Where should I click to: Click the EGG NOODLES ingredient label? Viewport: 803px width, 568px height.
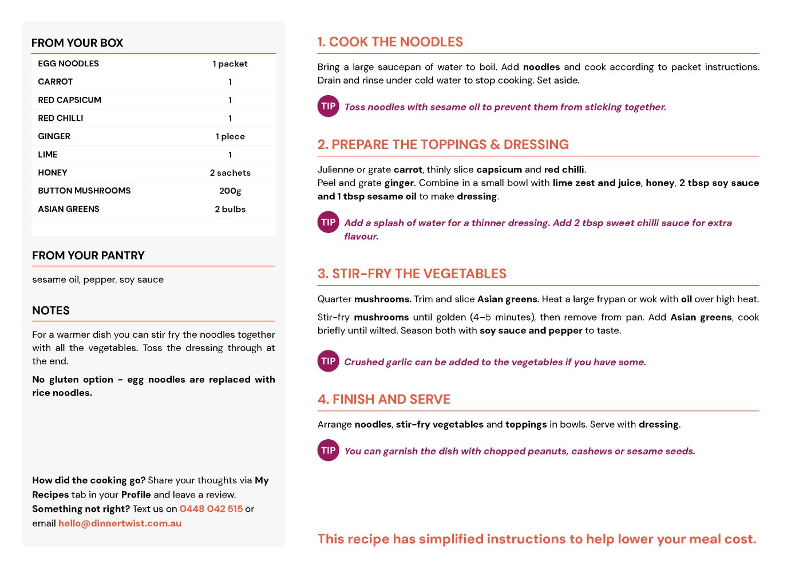click(x=68, y=64)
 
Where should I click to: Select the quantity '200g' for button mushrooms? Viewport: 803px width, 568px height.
click(x=230, y=191)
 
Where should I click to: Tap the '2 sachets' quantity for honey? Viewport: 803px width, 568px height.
click(x=230, y=173)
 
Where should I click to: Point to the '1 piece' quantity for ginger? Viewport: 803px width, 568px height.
click(x=230, y=136)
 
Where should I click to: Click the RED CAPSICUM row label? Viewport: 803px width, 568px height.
click(x=69, y=100)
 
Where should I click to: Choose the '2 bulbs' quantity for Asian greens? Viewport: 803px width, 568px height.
click(x=230, y=209)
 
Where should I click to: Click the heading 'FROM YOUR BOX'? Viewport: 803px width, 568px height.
click(x=77, y=43)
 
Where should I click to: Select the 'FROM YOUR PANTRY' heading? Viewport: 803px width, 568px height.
click(x=88, y=256)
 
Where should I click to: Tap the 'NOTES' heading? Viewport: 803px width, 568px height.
click(x=51, y=311)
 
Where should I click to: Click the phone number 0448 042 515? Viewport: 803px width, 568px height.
click(x=211, y=509)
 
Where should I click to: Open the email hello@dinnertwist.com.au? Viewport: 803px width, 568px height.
click(x=120, y=523)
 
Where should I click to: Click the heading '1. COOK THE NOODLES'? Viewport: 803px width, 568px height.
click(x=390, y=42)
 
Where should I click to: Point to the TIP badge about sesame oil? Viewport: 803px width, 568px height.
click(x=329, y=107)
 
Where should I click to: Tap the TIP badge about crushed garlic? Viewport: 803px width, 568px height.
click(x=329, y=361)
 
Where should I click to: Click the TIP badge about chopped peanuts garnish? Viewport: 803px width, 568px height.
click(x=329, y=451)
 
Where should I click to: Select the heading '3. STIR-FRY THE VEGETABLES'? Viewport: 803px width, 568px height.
click(x=412, y=274)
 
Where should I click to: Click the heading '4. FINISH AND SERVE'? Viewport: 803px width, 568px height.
click(x=384, y=400)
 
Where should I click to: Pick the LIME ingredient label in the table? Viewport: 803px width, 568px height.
click(x=48, y=155)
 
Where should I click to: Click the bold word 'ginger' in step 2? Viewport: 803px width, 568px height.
click(x=399, y=183)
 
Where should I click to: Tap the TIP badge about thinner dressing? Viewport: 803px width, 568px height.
click(x=329, y=223)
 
